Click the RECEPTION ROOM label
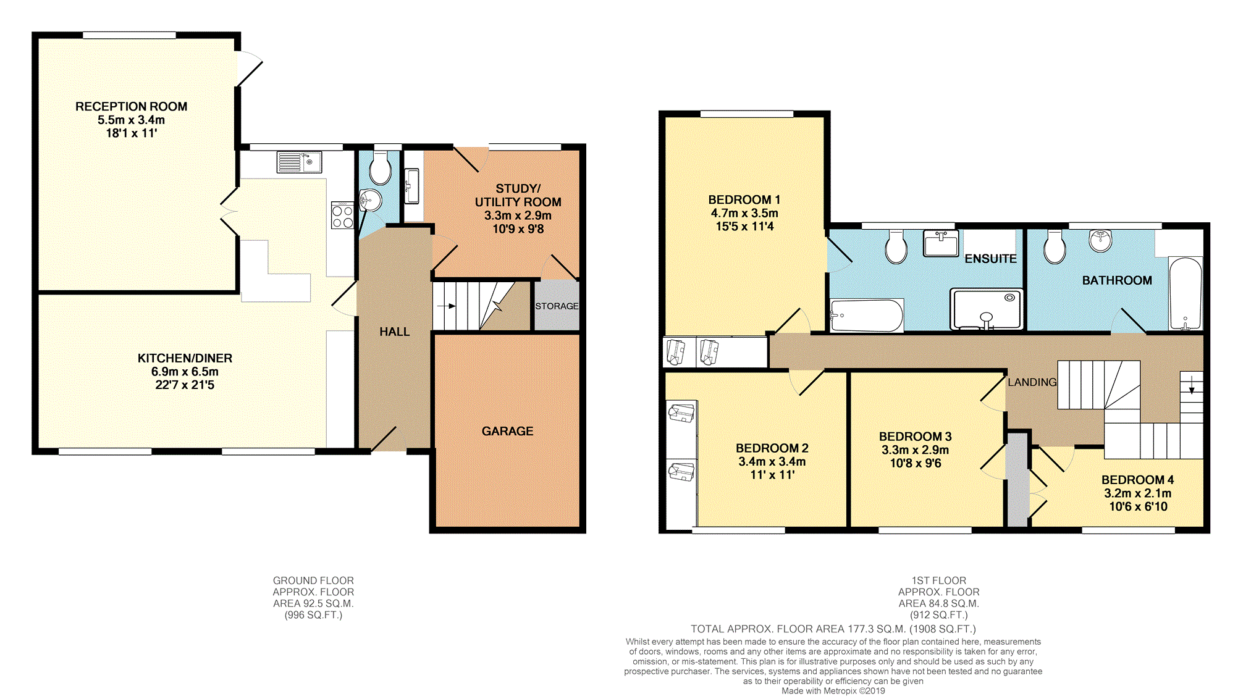tap(131, 107)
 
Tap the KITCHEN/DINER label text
tap(185, 358)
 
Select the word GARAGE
tap(507, 431)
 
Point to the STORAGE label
tap(557, 306)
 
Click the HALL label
tap(394, 332)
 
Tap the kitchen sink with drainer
tap(300, 162)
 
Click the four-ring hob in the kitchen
tap(342, 215)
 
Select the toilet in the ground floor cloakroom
tap(379, 167)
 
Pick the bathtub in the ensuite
tap(866, 316)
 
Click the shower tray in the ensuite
tap(987, 308)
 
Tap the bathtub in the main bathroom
tap(1186, 293)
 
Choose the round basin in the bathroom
tap(1100, 241)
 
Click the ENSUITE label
tap(990, 259)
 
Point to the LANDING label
tap(1032, 382)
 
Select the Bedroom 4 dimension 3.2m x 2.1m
tap(1137, 493)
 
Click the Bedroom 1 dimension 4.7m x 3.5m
tap(744, 213)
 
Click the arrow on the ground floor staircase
tap(446, 306)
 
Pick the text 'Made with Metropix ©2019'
tap(833, 691)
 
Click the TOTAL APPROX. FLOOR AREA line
tap(833, 629)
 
